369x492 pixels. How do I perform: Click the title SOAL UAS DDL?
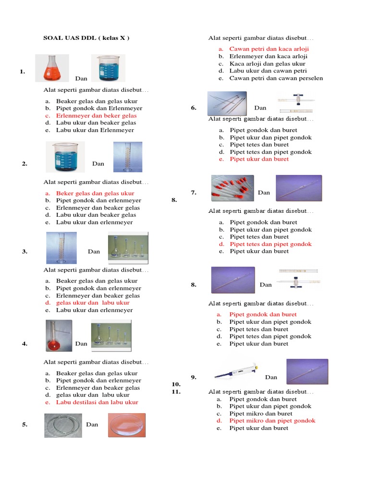pos(86,38)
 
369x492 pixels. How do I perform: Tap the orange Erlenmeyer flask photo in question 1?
pos(52,68)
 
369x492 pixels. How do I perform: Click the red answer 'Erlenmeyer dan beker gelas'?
pos(96,116)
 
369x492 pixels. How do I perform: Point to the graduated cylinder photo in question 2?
pos(127,157)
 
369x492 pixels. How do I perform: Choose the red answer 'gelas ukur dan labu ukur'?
pos(93,303)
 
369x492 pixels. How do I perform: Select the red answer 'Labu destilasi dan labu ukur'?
pos(97,402)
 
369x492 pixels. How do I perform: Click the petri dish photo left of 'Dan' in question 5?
pos(63,425)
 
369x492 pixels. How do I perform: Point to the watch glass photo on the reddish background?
pos(126,425)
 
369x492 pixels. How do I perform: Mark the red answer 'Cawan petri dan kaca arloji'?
pos(269,49)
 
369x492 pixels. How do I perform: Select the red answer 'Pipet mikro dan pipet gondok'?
pos(272,420)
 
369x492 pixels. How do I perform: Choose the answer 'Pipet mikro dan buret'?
pos(260,413)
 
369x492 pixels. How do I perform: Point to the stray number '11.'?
pos(175,392)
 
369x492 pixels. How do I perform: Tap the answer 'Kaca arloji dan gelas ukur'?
pos(267,63)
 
